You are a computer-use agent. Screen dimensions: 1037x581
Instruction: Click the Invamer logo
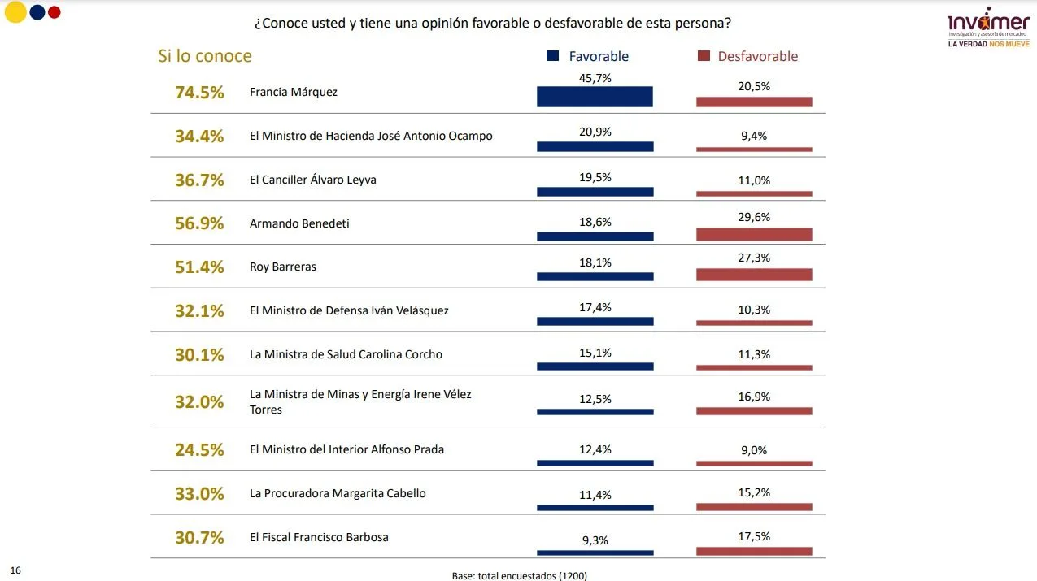988,27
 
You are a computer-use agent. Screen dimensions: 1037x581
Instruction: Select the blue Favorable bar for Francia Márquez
595,96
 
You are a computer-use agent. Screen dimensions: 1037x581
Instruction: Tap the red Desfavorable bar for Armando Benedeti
754,234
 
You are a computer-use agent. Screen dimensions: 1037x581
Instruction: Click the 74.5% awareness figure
199,92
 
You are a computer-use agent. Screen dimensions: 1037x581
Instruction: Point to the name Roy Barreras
283,267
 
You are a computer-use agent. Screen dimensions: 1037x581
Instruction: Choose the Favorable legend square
552,55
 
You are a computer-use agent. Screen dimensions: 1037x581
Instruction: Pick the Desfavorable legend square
704,55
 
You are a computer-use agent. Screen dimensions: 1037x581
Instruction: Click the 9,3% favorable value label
595,540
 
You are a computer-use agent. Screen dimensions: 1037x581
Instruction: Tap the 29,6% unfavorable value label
754,217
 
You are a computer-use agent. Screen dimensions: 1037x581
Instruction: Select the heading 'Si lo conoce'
205,56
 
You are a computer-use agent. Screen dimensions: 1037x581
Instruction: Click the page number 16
15,570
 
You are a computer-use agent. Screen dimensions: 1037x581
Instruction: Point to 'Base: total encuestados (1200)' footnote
520,575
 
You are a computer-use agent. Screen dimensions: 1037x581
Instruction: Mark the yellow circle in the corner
15,11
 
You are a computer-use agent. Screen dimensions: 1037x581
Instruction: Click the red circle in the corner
54,12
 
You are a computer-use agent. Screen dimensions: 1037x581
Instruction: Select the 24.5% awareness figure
199,449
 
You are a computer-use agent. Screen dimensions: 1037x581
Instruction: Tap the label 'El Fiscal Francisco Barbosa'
319,537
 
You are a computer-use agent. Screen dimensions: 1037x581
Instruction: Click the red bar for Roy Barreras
754,275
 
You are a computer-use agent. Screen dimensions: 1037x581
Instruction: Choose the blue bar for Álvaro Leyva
595,192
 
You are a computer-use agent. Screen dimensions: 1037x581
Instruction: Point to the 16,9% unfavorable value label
754,397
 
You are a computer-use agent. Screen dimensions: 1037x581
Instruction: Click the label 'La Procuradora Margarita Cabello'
338,493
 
